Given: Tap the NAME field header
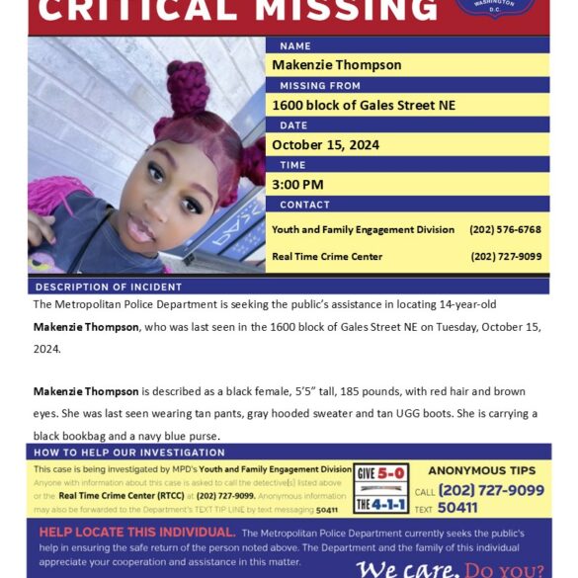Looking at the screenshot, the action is click(295, 45).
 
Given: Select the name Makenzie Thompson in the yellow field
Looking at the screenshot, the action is click(337, 65).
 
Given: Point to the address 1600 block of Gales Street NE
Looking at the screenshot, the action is click(364, 106).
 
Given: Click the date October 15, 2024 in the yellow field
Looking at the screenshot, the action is click(325, 145).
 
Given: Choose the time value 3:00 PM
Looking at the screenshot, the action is click(298, 185).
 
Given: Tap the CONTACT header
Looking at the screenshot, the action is click(304, 205).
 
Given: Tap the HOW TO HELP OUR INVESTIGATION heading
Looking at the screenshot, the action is click(128, 452).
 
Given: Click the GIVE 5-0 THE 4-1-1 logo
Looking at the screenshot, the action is click(381, 487).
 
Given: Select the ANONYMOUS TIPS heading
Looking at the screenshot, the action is click(481, 470).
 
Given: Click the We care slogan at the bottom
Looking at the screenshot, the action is click(405, 568).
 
